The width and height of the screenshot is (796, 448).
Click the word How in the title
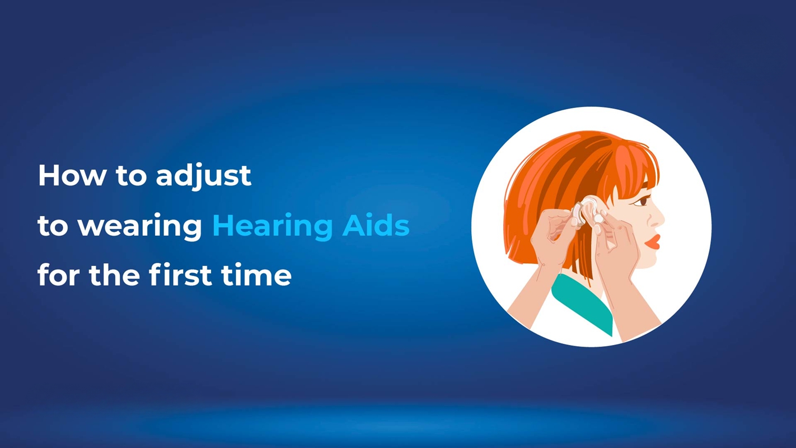(71, 176)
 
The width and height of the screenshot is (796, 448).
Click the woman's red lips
(652, 242)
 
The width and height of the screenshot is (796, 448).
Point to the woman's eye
(644, 200)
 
